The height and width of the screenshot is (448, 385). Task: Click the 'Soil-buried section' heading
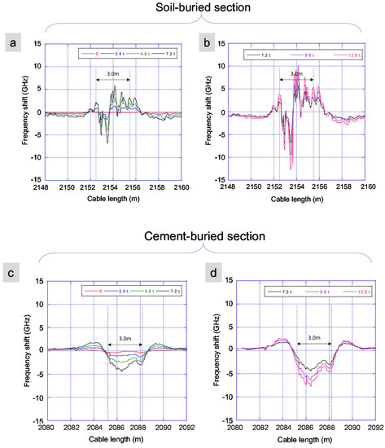tap(193, 9)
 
